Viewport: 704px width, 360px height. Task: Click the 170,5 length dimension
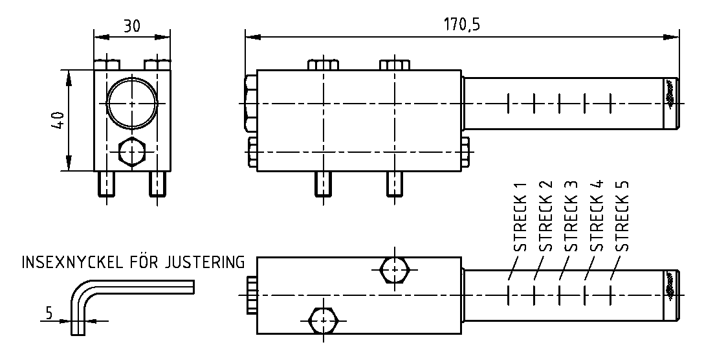click(x=462, y=25)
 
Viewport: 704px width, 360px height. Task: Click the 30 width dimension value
click(x=132, y=26)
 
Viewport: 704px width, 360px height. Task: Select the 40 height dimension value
click(x=58, y=121)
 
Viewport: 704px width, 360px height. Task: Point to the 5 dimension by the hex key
click(x=49, y=313)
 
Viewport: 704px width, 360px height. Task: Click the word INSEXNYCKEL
click(x=73, y=263)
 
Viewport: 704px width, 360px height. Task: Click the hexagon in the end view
click(x=133, y=153)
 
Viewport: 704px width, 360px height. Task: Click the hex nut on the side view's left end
click(x=251, y=102)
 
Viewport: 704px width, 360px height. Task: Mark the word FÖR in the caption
click(x=146, y=263)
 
